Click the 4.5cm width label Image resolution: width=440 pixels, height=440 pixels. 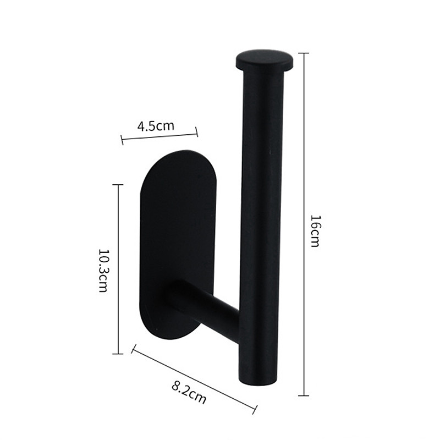156,126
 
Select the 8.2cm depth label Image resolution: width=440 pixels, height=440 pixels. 189,392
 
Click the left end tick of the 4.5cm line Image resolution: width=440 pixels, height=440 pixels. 122,141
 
